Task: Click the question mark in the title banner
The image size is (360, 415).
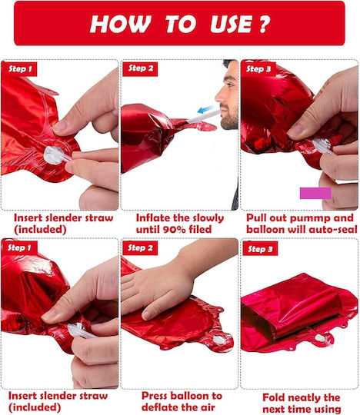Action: click(x=265, y=24)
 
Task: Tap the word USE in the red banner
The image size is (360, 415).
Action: click(x=232, y=24)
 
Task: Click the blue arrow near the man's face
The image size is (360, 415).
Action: click(x=207, y=109)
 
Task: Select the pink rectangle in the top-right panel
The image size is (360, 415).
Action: click(x=315, y=193)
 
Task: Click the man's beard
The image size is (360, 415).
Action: click(x=229, y=118)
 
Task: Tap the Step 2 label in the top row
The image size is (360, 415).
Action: click(x=141, y=69)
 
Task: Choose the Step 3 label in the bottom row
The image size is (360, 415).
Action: click(x=260, y=249)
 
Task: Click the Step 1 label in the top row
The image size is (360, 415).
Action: click(x=20, y=69)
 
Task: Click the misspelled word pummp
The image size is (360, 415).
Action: click(x=304, y=218)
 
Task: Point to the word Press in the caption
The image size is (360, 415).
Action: click(x=155, y=396)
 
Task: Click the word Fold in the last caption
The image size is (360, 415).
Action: click(x=273, y=397)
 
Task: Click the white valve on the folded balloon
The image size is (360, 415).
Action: click(x=322, y=339)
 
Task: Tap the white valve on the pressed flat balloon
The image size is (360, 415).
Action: click(x=218, y=340)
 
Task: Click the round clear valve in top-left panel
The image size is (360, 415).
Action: click(x=54, y=155)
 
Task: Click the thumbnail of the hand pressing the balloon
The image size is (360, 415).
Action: click(x=179, y=314)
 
